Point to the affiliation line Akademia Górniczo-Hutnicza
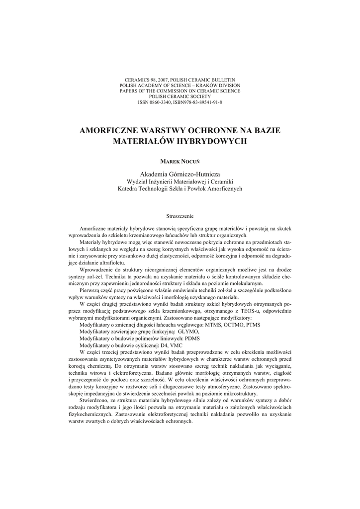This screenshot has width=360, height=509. [x=180, y=174]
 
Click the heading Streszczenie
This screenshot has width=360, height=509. [x=180, y=216]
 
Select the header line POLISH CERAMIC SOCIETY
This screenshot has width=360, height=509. [x=180, y=96]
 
